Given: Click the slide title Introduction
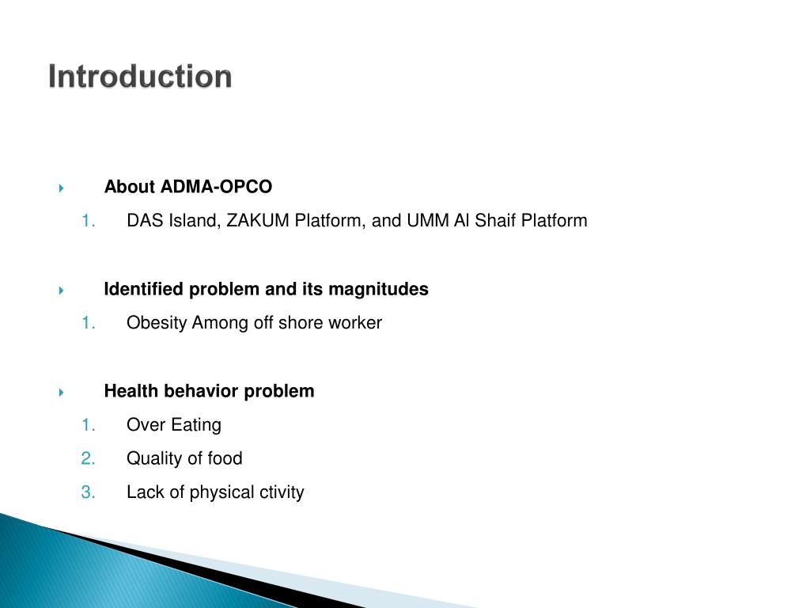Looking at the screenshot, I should pos(140,77).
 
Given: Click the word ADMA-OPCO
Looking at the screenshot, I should pos(216,187).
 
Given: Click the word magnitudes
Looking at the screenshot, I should pos(378,289).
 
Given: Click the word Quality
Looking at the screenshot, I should pos(153,458).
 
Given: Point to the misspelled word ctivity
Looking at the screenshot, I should pos(282,492).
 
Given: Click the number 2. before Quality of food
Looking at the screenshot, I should pos(88,458).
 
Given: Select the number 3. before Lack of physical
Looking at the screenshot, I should pos(88,492).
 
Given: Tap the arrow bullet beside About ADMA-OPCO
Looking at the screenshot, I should pos(61,188).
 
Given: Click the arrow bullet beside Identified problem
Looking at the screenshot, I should pos(61,291).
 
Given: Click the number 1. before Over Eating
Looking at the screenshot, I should pos(88,425).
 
